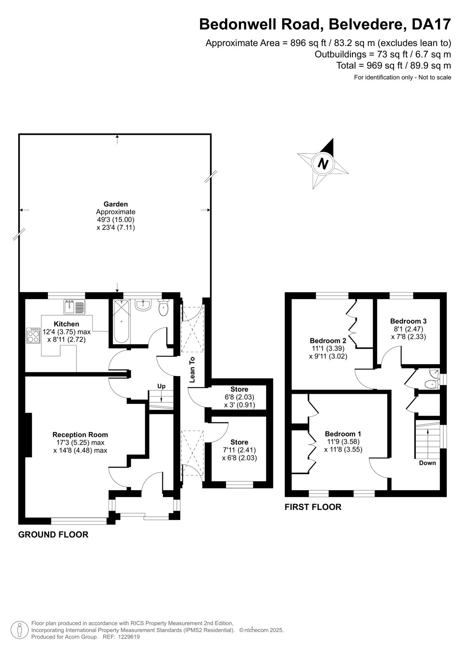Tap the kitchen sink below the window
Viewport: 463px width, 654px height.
click(x=74, y=307)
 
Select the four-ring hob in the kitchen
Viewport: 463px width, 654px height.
click(x=33, y=336)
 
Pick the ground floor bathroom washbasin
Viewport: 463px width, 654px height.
click(x=143, y=305)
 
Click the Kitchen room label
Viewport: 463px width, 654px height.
click(x=66, y=324)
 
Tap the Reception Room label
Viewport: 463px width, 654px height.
click(x=80, y=435)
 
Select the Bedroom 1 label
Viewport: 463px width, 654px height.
click(x=343, y=434)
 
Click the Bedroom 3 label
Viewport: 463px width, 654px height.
click(x=408, y=321)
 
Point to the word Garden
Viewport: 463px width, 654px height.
click(x=115, y=204)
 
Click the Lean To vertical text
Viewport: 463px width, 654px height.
click(x=192, y=370)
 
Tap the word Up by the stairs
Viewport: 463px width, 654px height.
click(x=161, y=386)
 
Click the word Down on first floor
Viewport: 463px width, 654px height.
click(x=427, y=463)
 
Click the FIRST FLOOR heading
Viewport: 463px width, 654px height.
click(x=313, y=507)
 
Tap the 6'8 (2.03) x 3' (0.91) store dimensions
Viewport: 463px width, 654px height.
click(x=239, y=401)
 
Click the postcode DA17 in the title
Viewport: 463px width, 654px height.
click(x=431, y=24)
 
